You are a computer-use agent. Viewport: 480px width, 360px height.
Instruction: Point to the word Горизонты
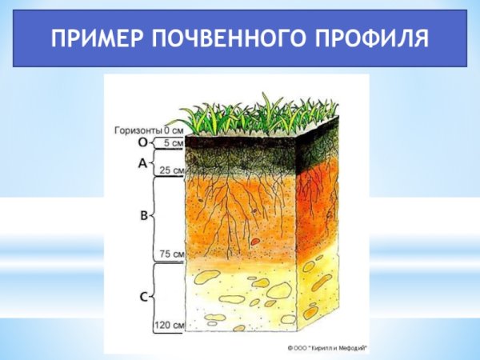coord(138,130)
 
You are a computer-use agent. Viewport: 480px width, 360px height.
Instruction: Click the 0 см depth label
coord(174,130)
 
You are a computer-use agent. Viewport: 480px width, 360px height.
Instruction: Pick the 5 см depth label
coord(172,143)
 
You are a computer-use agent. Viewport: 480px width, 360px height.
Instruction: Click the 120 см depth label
coord(170,325)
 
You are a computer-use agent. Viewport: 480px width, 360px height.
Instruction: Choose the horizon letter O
coord(143,142)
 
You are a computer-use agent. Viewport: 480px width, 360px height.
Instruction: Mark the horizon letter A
coord(143,163)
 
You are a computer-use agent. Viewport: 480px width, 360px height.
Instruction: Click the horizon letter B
coord(143,214)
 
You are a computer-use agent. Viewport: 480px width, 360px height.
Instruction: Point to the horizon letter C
coord(143,297)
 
